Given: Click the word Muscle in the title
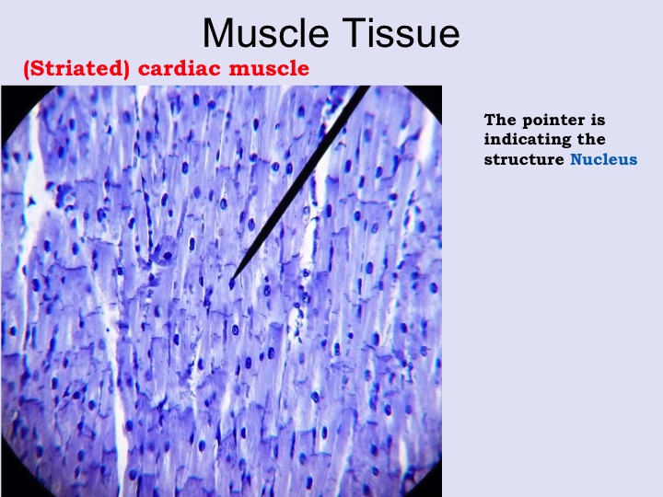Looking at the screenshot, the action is (266, 33).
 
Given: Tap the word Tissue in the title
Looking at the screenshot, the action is (401, 33).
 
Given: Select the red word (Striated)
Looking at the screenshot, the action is (76, 69).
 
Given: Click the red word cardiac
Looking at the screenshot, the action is (181, 68).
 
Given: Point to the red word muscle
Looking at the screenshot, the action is (269, 68).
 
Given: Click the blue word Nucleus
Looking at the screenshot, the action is (603, 159).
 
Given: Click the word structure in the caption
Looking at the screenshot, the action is (524, 160).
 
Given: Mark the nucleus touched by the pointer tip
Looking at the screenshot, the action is (232, 284).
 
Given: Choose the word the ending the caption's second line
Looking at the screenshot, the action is (591, 140).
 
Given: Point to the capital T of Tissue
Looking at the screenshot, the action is (352, 33).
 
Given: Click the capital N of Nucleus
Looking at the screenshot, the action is (576, 159).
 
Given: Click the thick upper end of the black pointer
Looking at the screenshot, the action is (365, 87).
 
